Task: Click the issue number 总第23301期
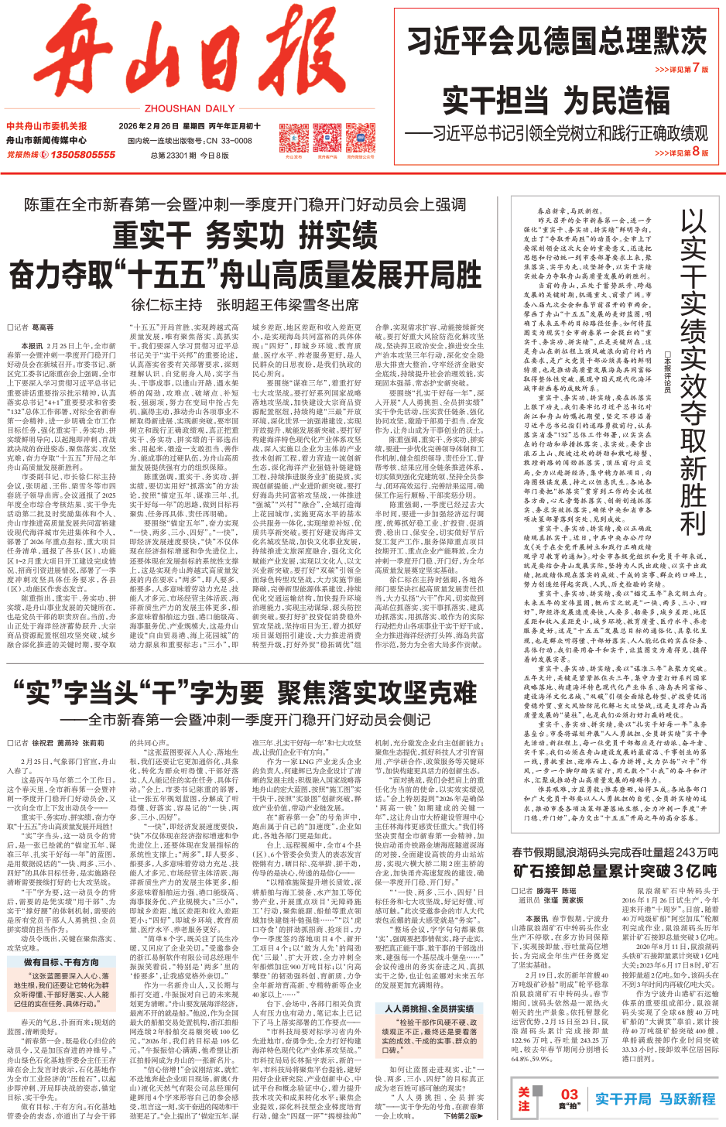tap(173, 155)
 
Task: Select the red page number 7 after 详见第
tap(695, 68)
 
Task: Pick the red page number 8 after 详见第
tap(695, 152)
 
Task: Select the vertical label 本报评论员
tap(667, 372)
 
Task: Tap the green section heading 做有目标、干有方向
tap(61, 962)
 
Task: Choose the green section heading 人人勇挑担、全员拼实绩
tap(430, 1009)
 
